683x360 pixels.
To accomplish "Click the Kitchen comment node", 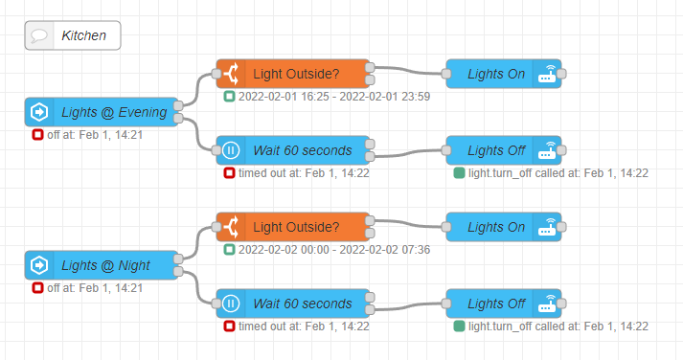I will pos(73,36).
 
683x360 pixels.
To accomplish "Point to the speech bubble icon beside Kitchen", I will pos(39,36).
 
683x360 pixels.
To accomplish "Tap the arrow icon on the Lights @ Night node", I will pos(38,265).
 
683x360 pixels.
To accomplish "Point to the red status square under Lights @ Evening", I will pos(37,135).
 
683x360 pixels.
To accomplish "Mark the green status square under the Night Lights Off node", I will pos(459,326).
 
